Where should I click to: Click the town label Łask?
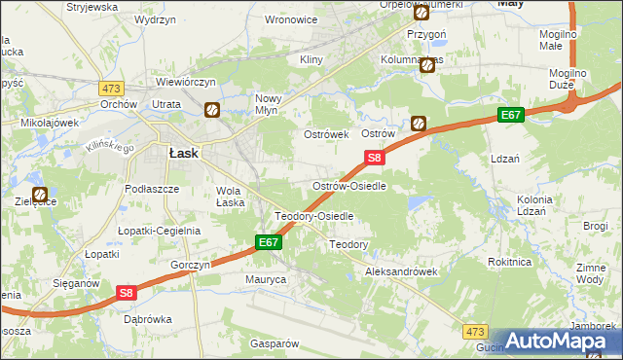coord(184,153)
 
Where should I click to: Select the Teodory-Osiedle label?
coord(313,216)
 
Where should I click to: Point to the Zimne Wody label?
coord(590,273)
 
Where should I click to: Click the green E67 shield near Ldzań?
coord(512,115)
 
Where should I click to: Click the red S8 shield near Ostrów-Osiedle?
coord(375,157)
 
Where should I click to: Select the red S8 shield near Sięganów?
coord(126,292)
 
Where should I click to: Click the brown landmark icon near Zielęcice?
coord(41,195)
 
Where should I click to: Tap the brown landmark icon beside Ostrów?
coord(418,124)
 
